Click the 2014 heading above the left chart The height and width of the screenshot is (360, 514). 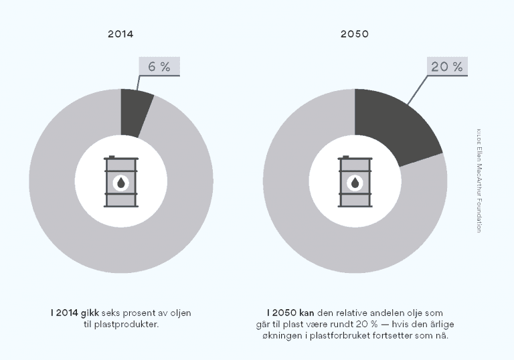(x=120, y=33)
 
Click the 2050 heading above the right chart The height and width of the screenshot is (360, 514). (x=355, y=33)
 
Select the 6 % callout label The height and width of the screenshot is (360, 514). (x=159, y=66)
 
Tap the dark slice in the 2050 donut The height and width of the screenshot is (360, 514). (x=395, y=127)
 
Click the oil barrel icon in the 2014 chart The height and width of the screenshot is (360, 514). (x=120, y=182)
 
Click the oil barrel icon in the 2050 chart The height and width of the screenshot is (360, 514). (x=355, y=182)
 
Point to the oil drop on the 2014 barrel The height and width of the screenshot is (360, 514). (x=120, y=183)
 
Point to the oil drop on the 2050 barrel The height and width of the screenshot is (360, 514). (x=355, y=183)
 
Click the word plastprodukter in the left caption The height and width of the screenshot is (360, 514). (x=133, y=325)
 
